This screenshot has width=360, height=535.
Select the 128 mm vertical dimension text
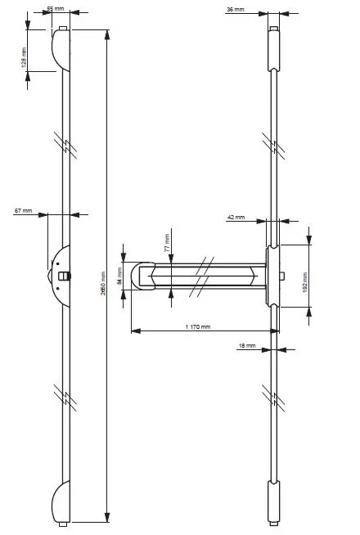(24, 56)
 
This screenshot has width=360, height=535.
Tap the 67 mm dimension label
(23, 211)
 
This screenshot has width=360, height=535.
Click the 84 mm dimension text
(119, 275)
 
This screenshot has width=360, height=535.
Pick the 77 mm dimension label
(167, 242)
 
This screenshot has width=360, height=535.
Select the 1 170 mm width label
(197, 327)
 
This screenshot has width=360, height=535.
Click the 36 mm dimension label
(234, 9)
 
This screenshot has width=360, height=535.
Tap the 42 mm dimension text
(235, 217)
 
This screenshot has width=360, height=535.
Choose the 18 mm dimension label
(246, 346)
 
